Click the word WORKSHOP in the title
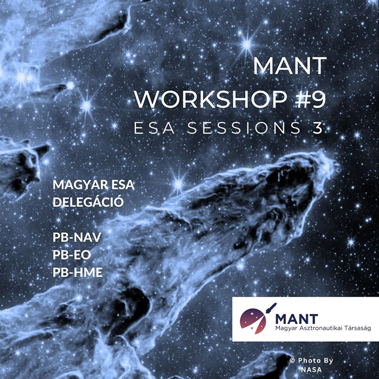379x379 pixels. click(x=211, y=99)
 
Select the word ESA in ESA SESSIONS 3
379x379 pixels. click(x=154, y=128)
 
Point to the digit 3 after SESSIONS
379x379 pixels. click(x=318, y=128)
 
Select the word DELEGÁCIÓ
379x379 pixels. click(x=88, y=201)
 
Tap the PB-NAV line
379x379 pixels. click(x=77, y=237)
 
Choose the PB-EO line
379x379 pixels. click(x=72, y=255)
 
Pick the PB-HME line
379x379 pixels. click(x=77, y=272)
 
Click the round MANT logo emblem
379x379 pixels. click(x=253, y=321)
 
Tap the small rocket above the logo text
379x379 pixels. click(x=271, y=308)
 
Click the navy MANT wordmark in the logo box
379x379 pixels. click(x=297, y=319)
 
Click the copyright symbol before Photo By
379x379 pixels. click(x=292, y=361)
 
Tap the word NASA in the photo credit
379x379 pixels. click(x=311, y=370)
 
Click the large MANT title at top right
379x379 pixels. click(x=290, y=66)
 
